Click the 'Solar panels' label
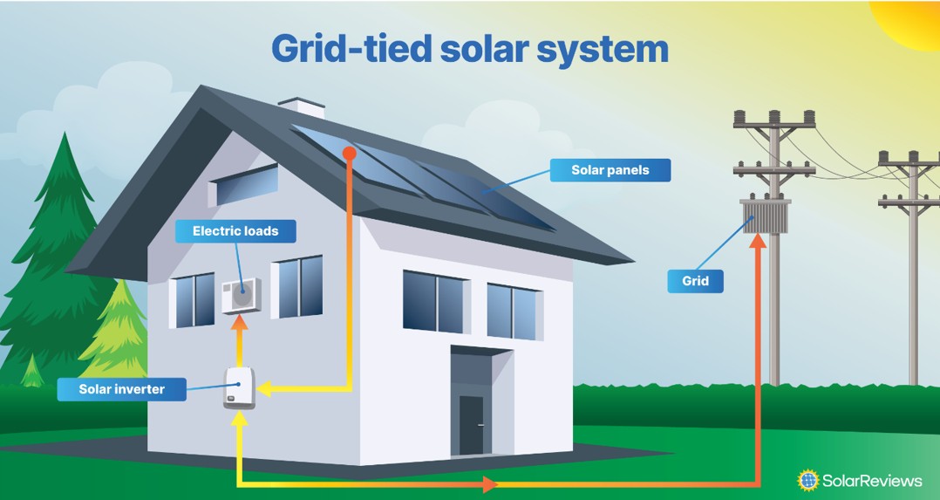(610, 170)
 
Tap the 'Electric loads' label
(235, 231)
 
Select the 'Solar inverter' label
(121, 389)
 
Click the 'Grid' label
(695, 281)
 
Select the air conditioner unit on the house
(240, 296)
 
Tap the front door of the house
(472, 425)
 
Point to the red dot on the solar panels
(349, 153)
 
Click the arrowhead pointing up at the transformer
(758, 242)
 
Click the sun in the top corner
(907, 22)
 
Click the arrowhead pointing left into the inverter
(264, 389)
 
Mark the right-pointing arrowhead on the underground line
(488, 483)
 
